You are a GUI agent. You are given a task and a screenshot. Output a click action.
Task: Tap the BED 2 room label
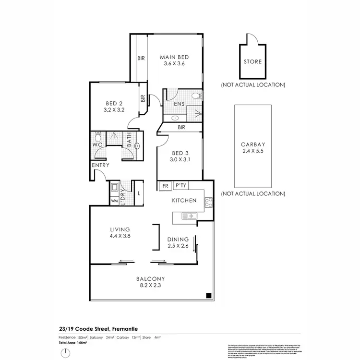pyautogui.click(x=114, y=102)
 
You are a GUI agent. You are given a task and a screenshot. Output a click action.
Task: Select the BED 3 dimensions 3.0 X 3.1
pyautogui.click(x=181, y=160)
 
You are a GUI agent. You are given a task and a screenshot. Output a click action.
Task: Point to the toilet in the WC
pyautogui.click(x=97, y=136)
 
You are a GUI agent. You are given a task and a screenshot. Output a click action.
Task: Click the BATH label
pyautogui.click(x=129, y=141)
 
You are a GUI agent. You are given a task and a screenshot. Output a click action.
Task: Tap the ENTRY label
pyautogui.click(x=101, y=165)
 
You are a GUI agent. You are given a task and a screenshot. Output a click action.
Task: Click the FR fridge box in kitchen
pyautogui.click(x=164, y=185)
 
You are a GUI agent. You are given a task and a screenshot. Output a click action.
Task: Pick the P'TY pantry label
pyautogui.click(x=180, y=185)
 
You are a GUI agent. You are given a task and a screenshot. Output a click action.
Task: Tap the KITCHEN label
pyautogui.click(x=184, y=200)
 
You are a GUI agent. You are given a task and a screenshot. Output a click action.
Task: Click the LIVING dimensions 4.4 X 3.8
pyautogui.click(x=120, y=236)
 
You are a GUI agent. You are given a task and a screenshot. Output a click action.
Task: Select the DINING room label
pyautogui.click(x=178, y=240)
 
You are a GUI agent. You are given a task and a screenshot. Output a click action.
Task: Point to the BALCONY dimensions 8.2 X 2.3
pyautogui.click(x=150, y=285)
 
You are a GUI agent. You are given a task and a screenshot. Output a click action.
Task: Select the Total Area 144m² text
pyautogui.click(x=70, y=344)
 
